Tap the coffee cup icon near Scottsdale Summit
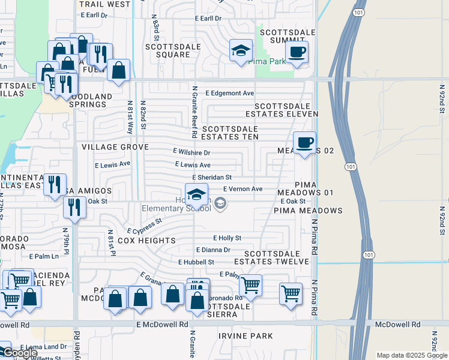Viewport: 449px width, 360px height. point(296,51)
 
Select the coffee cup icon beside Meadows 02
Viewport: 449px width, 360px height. point(305,143)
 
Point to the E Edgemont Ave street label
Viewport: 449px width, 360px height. point(230,94)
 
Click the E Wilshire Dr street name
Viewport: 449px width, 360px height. point(191,152)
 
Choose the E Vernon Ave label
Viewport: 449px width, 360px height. point(243,189)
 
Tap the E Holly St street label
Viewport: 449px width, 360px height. point(227,238)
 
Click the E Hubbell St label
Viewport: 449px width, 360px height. point(196,262)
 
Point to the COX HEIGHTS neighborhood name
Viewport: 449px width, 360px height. point(147,241)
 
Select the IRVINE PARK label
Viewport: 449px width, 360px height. point(241,336)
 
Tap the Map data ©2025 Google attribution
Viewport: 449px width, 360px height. point(411,355)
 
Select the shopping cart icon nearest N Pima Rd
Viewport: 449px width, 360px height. point(291,294)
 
